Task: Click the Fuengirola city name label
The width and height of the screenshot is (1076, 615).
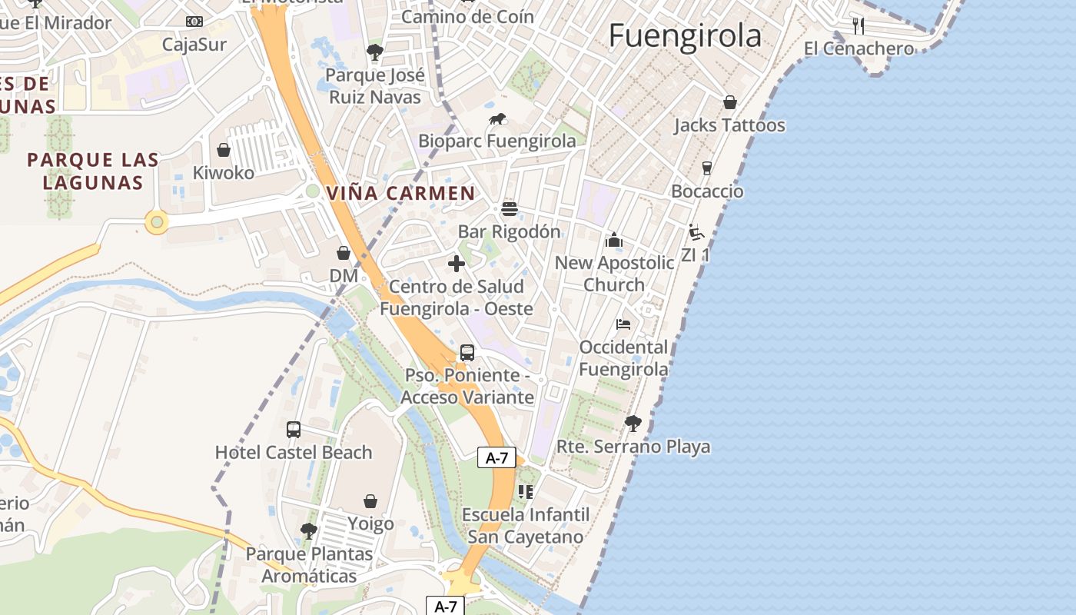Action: point(685,35)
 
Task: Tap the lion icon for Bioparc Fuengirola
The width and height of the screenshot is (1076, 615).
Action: point(498,119)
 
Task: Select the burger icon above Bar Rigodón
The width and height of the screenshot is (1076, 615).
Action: point(509,209)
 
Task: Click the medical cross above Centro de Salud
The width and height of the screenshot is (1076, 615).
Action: point(457,264)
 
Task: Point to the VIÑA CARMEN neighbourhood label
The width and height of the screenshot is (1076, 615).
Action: point(401,193)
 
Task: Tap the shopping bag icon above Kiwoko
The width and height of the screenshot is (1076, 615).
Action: point(224,150)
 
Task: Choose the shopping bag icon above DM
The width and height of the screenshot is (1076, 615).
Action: point(344,253)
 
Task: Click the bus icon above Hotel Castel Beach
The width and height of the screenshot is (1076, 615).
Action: point(294,430)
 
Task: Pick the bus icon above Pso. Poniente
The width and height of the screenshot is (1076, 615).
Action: point(467,353)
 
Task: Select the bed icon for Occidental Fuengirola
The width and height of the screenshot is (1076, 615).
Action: point(623,324)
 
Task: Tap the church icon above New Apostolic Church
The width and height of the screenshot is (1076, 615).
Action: point(614,241)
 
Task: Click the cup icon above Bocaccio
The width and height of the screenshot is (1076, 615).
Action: point(707,168)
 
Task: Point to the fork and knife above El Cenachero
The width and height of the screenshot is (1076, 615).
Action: point(858,26)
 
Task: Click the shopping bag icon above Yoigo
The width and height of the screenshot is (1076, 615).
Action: point(370,501)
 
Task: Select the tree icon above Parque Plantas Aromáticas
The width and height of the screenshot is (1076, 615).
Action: point(308,530)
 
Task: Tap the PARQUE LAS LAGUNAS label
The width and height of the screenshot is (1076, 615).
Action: point(93,171)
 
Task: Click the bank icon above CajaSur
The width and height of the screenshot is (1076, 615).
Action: point(194,22)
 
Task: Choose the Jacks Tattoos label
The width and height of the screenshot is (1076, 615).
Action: point(729,125)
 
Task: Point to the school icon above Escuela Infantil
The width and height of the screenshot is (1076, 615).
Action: point(526,491)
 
